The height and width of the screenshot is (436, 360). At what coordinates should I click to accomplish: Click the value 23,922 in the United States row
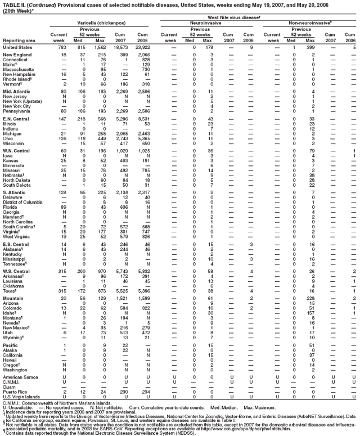point(143,47)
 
